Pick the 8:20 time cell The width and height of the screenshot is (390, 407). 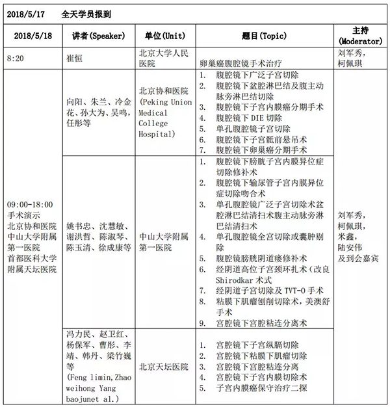pos(16,58)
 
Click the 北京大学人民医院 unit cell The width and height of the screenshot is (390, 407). pos(165,58)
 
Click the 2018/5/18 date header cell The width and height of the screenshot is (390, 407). pos(29,35)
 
